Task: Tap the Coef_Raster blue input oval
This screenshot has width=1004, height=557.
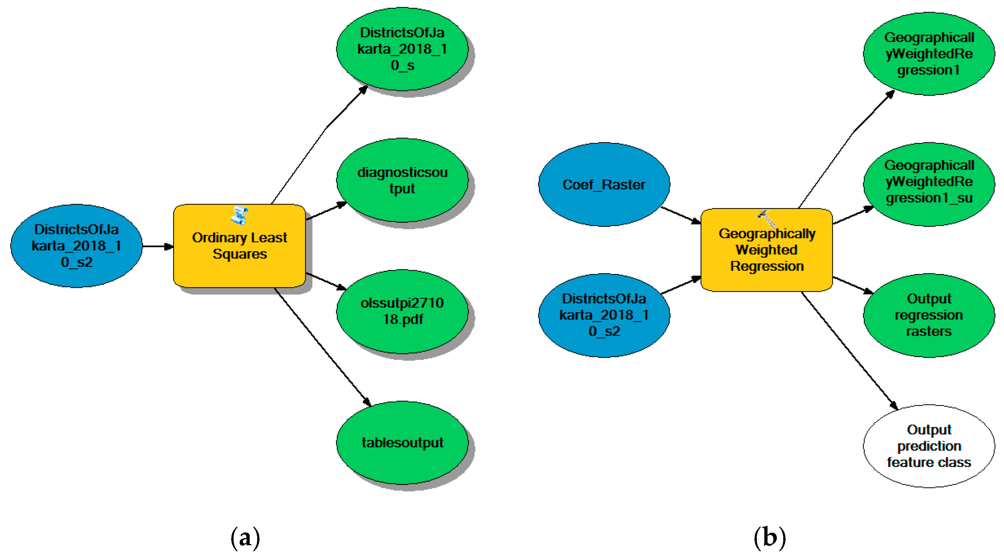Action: pyautogui.click(x=604, y=184)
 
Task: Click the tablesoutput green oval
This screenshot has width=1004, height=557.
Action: pyautogui.click(x=402, y=443)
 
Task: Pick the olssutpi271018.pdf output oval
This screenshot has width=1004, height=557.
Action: pyautogui.click(x=402, y=311)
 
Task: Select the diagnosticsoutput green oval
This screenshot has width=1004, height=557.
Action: pyautogui.click(x=402, y=180)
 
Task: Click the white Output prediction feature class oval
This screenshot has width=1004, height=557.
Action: pyautogui.click(x=929, y=445)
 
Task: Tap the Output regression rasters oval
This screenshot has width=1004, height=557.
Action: pyautogui.click(x=929, y=315)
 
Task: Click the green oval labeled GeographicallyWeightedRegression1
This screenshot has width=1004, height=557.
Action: pyautogui.click(x=929, y=53)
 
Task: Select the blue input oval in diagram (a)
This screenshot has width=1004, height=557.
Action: pyautogui.click(x=76, y=246)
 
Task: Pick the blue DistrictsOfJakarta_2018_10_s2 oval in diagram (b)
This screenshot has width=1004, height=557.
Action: pyautogui.click(x=604, y=315)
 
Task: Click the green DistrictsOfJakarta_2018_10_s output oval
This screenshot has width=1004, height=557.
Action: pyautogui.click(x=402, y=49)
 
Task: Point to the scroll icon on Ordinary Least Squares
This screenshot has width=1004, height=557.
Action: pyautogui.click(x=239, y=215)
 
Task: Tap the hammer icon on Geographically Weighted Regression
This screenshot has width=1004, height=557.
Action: pyautogui.click(x=766, y=218)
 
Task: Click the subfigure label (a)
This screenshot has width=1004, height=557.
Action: pyautogui.click(x=245, y=538)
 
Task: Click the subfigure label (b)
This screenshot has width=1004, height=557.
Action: pyautogui.click(x=769, y=538)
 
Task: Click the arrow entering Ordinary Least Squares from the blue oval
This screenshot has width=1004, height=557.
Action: pyautogui.click(x=157, y=246)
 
